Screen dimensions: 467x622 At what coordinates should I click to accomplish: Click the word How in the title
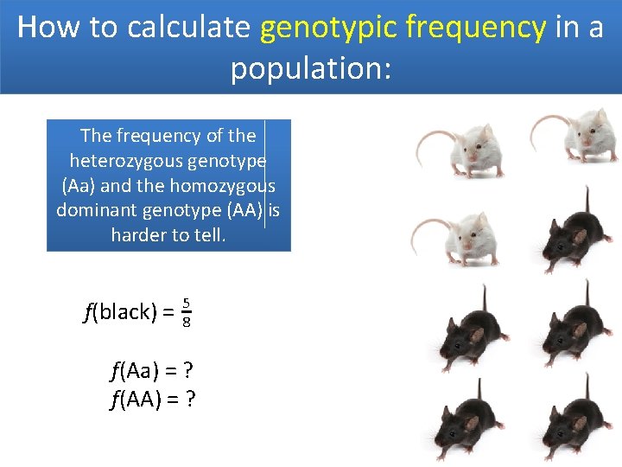click(48, 28)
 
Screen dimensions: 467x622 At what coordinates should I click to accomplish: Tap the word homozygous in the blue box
click(222, 186)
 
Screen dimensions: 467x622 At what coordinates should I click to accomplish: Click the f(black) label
click(119, 312)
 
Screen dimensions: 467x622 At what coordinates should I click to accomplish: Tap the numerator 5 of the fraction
click(186, 303)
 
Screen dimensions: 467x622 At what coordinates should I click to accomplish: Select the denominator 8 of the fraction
click(186, 322)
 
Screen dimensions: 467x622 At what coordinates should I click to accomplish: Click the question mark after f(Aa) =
click(187, 372)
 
